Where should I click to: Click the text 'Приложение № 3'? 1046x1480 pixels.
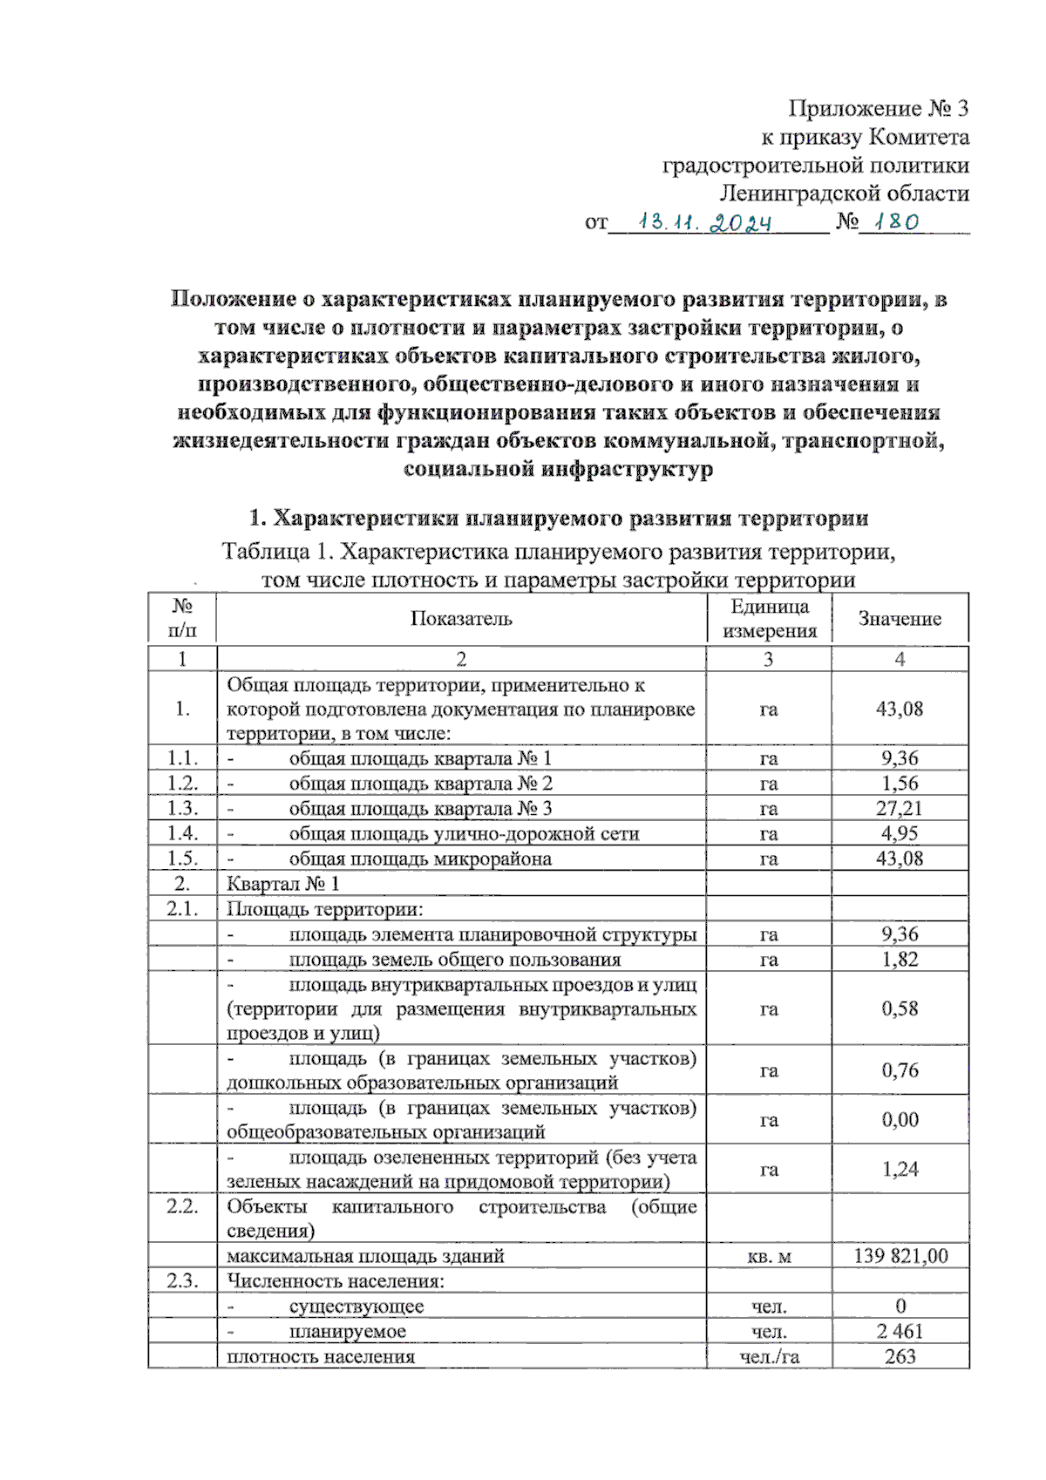click(878, 108)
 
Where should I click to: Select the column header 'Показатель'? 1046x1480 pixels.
click(461, 619)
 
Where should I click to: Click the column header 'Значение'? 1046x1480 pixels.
click(900, 619)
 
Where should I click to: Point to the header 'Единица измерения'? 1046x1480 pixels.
click(769, 619)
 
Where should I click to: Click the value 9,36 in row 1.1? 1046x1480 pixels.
click(900, 758)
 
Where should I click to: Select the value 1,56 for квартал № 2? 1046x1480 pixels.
click(900, 784)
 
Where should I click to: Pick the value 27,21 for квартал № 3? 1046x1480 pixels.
click(900, 809)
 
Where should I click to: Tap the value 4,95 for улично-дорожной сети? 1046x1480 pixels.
click(900, 834)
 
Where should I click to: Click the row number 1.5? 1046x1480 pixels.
click(182, 859)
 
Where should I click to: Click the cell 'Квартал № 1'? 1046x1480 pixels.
click(283, 884)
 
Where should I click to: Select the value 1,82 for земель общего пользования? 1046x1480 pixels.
click(900, 960)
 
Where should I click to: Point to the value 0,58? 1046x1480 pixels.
click(900, 1009)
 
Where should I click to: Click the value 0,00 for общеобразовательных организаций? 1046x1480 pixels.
click(900, 1120)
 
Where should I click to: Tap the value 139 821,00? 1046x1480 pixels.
click(900, 1256)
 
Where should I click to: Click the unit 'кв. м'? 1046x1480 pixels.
click(769, 1257)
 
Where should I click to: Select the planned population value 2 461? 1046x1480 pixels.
click(900, 1332)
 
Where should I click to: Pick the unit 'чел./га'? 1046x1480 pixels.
click(769, 1357)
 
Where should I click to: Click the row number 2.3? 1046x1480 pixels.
click(182, 1281)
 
